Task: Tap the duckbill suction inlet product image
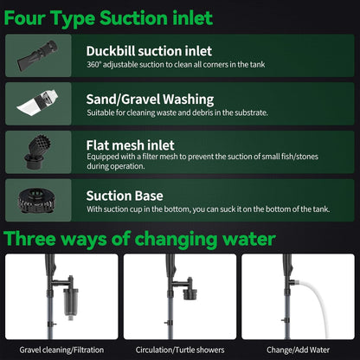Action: [x=40, y=55]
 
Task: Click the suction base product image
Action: [x=40, y=200]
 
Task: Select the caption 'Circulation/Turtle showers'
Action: [x=179, y=350]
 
